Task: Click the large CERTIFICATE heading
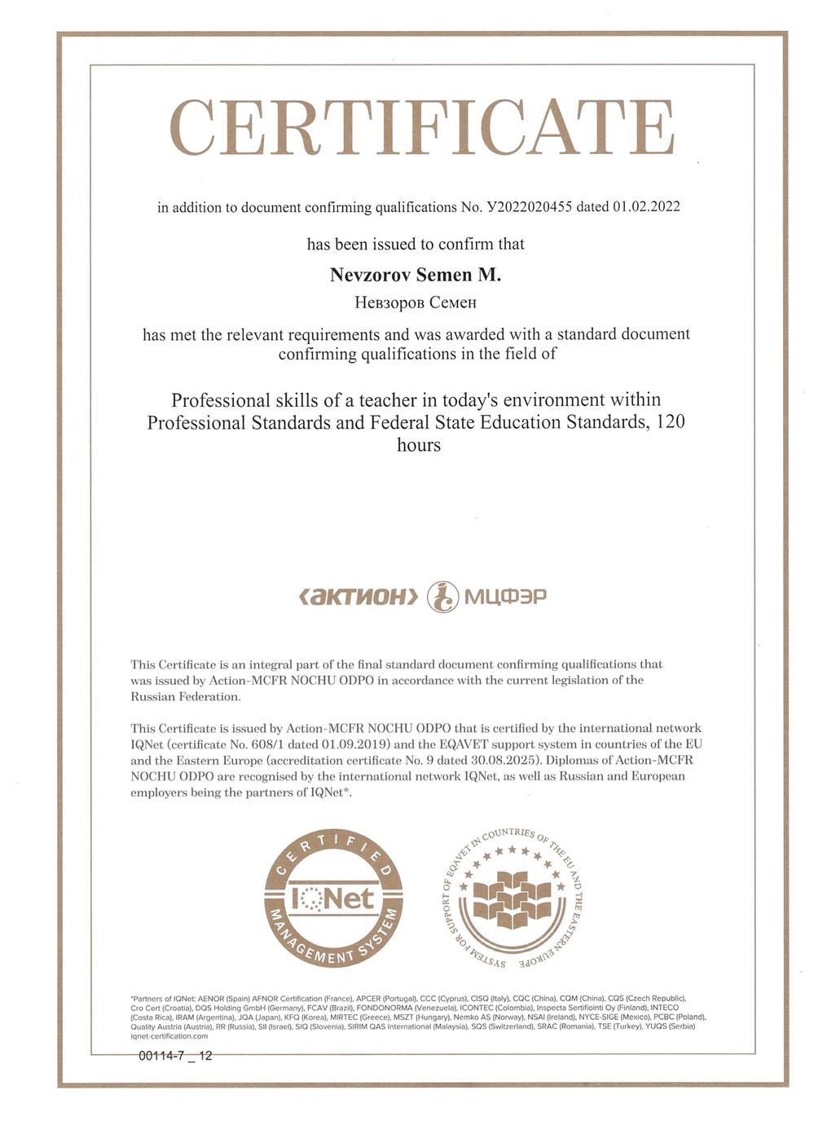pos(421,129)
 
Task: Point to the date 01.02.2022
pos(645,207)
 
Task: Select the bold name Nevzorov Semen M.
pos(416,276)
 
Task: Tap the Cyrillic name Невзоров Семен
pos(416,303)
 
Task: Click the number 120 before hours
pos(670,422)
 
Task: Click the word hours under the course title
pos(419,445)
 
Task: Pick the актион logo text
pos(359,597)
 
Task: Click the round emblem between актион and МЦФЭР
pos(442,597)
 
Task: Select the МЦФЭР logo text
pos(505,597)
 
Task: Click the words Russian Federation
pos(186,697)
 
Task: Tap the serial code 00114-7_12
pos(175,1056)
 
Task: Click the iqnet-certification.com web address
pos(169,1036)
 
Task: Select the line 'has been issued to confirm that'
pos(416,244)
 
